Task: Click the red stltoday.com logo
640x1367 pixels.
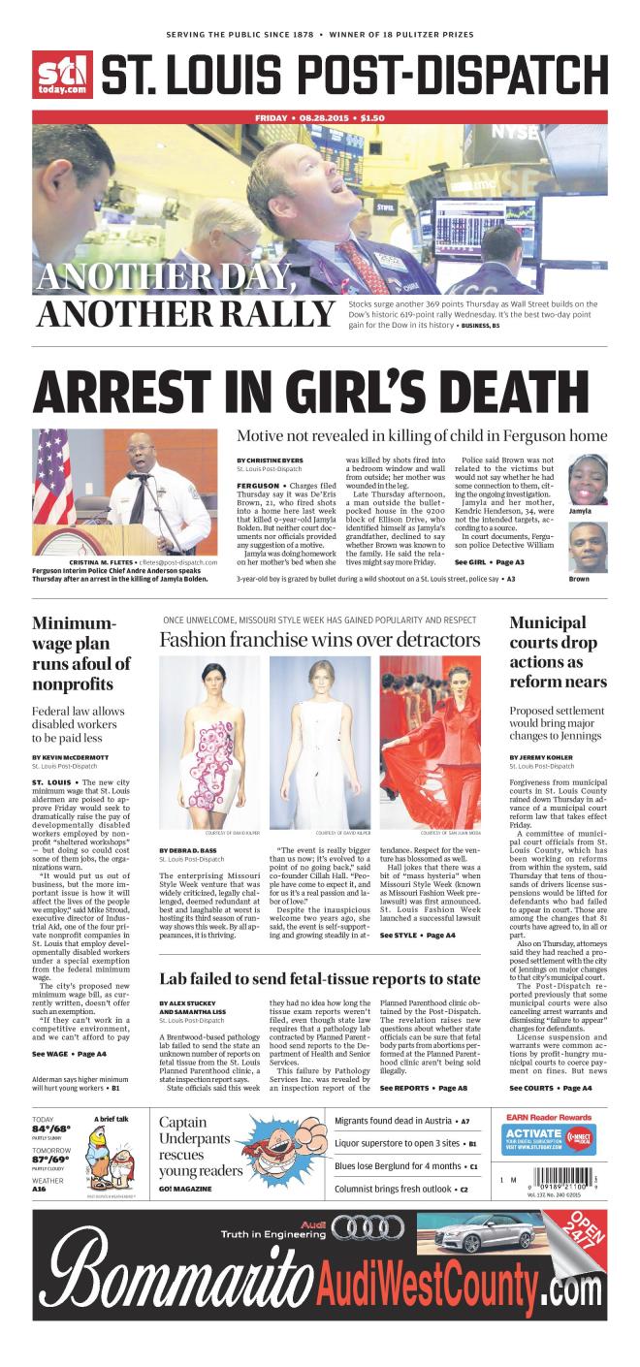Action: point(62,75)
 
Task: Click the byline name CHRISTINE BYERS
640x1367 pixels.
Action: point(265,460)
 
